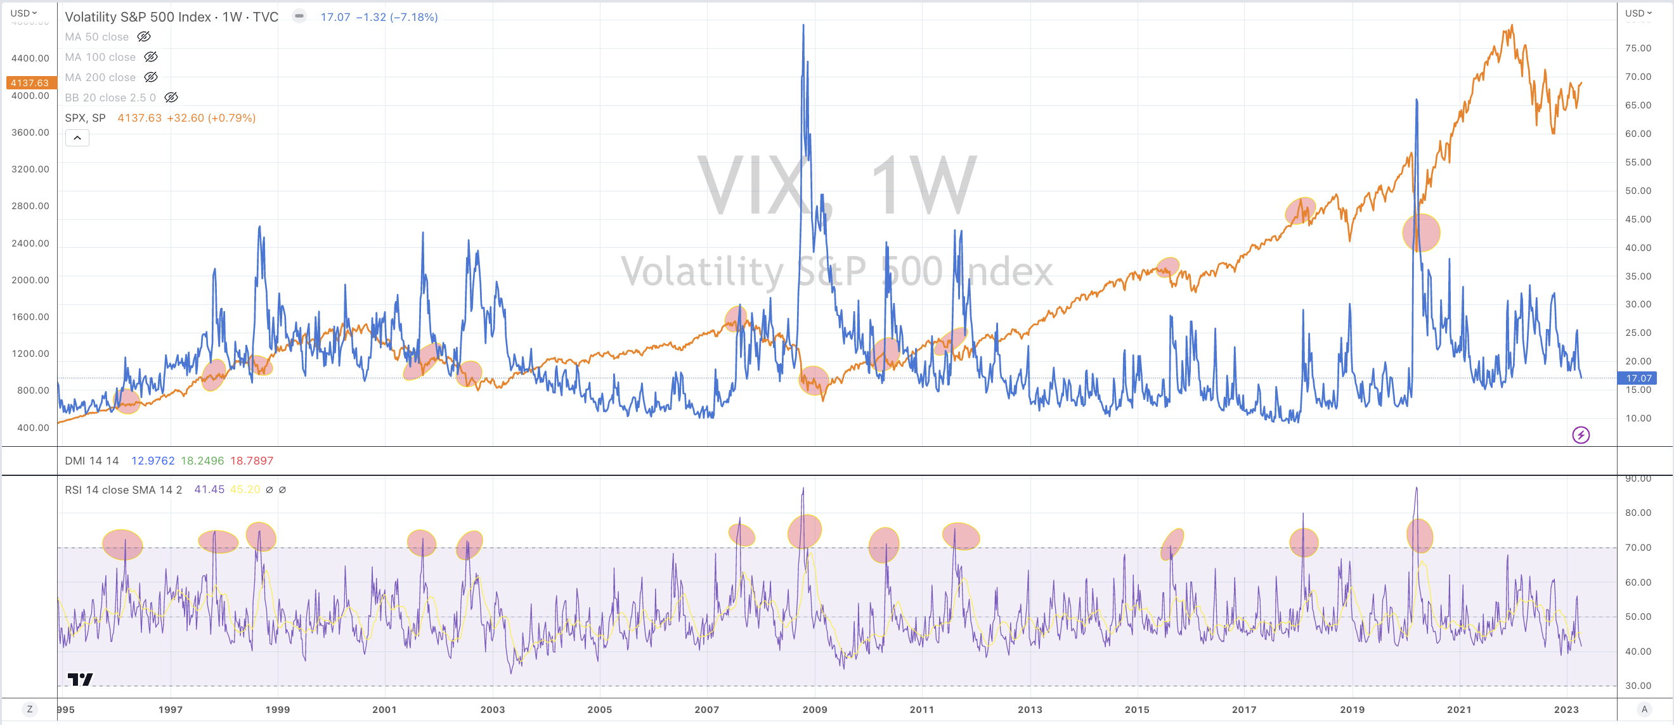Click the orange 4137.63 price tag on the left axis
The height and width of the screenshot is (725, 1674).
click(x=30, y=82)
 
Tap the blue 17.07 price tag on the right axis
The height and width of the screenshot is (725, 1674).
click(x=1638, y=378)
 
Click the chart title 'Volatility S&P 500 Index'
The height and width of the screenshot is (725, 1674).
click(x=138, y=17)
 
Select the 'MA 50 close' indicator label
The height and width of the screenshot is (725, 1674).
click(x=96, y=37)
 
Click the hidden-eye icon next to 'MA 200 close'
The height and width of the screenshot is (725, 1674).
click(x=151, y=77)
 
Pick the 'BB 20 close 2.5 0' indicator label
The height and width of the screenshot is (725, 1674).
click(x=110, y=98)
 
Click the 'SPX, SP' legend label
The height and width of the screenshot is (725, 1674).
click(x=84, y=118)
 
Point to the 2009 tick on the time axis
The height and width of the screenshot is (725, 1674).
click(x=814, y=709)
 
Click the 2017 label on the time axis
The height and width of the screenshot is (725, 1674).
click(x=1244, y=709)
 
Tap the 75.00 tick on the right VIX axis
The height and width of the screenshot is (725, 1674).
click(x=1638, y=48)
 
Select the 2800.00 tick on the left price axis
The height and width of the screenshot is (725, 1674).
click(x=30, y=206)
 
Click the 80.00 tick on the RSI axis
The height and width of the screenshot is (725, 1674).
click(x=1638, y=513)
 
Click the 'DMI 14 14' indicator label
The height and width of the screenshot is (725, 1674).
click(x=92, y=461)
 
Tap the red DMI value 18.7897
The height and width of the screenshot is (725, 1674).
click(x=252, y=461)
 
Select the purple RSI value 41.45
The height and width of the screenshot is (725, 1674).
click(x=209, y=489)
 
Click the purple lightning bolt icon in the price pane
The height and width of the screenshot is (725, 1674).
click(x=1580, y=435)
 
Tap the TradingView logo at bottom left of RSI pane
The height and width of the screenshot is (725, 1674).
click(x=81, y=679)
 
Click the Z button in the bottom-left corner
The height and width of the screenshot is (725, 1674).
click(x=29, y=709)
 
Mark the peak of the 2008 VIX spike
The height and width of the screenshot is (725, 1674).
click(x=803, y=25)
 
